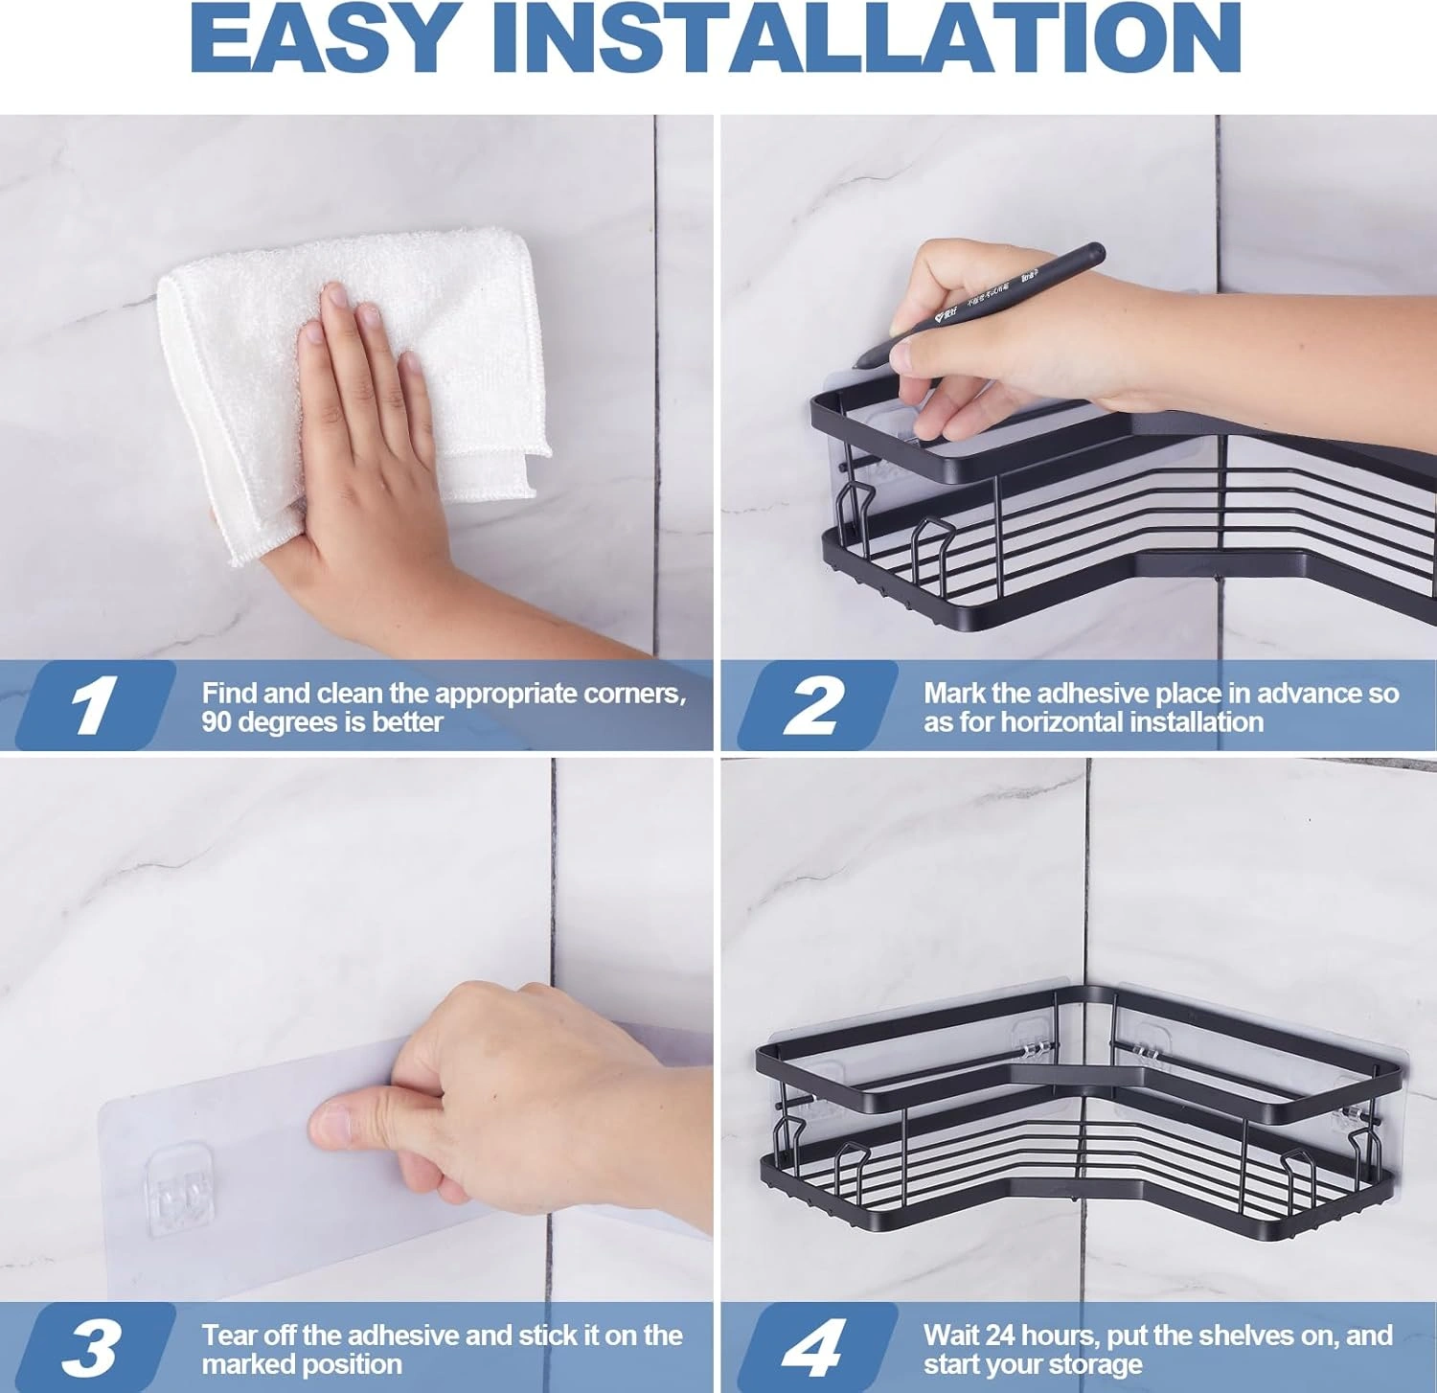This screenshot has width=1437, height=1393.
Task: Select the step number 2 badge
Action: point(817,705)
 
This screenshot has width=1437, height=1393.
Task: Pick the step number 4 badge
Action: point(817,1348)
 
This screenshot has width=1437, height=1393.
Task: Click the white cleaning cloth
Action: point(354,383)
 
